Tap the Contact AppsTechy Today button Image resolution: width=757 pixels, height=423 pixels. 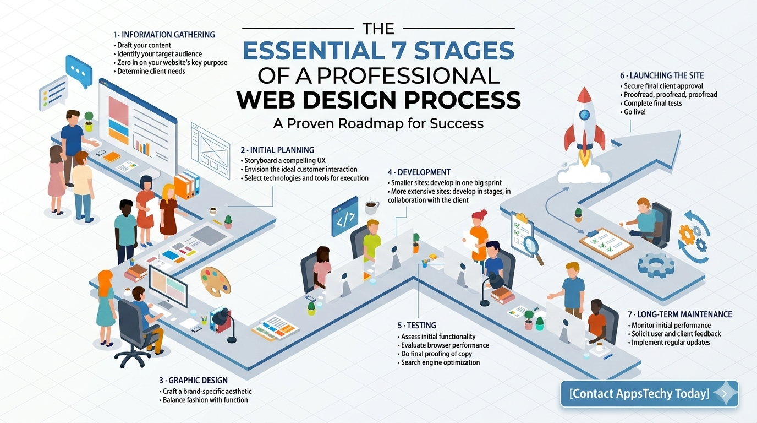tap(649, 394)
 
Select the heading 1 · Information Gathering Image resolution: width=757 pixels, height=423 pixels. tap(164, 35)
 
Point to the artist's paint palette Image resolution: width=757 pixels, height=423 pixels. tap(215, 282)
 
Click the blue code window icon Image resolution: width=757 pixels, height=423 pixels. tap(345, 216)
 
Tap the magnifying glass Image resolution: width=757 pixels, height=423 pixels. tap(533, 250)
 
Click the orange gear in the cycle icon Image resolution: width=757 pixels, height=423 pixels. tap(687, 235)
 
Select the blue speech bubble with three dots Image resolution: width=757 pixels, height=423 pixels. tap(79, 71)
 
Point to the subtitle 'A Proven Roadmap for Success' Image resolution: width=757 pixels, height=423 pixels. tap(378, 123)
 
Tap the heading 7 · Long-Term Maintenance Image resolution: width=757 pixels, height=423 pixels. tap(680, 314)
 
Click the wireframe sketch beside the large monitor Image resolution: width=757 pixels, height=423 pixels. tap(210, 150)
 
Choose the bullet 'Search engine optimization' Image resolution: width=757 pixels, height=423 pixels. tap(438, 362)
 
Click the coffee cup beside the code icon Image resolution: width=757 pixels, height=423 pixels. tap(371, 207)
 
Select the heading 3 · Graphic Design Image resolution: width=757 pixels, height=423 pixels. tap(193, 381)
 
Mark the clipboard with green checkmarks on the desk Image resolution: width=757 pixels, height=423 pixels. tap(606, 243)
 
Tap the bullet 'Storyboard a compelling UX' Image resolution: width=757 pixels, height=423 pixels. tap(283, 161)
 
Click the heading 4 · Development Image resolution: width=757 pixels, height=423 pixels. tap(419, 172)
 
